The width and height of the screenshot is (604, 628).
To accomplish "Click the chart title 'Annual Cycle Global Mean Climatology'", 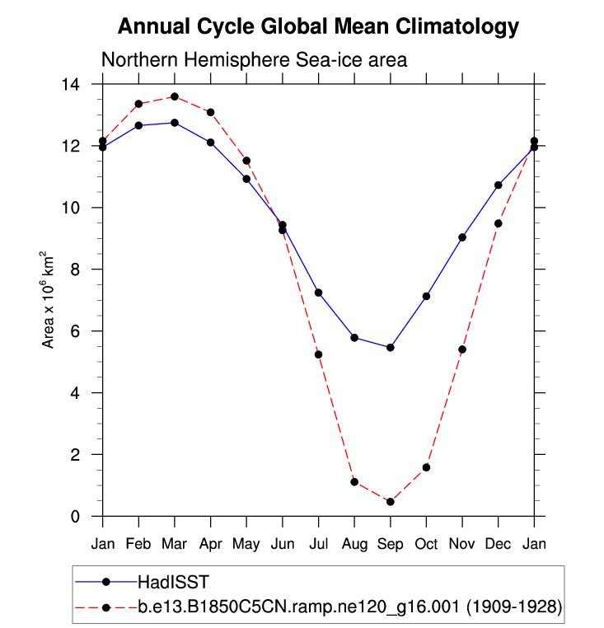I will click(318, 26).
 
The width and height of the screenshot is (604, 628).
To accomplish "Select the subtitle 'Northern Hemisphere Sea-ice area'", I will click(254, 60).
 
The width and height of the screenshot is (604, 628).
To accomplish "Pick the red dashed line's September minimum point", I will click(391, 502).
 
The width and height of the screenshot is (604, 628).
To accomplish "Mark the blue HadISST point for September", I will click(391, 348).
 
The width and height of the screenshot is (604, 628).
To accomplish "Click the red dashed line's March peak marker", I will click(175, 96).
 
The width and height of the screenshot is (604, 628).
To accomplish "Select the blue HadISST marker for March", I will click(175, 123).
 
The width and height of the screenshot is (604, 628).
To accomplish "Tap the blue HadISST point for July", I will click(318, 293).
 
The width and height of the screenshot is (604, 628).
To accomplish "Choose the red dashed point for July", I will click(318, 354).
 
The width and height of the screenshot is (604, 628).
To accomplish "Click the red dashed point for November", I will click(462, 349).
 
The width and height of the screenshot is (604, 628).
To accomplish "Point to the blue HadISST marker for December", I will click(499, 185).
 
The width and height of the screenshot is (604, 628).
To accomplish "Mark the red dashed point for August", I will click(354, 482).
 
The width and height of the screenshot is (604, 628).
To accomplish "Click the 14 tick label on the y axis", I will click(73, 84).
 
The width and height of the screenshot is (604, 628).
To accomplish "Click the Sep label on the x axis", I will click(391, 544).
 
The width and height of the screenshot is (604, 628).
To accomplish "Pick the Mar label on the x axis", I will click(175, 544).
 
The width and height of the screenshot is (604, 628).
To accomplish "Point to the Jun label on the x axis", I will click(283, 544).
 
